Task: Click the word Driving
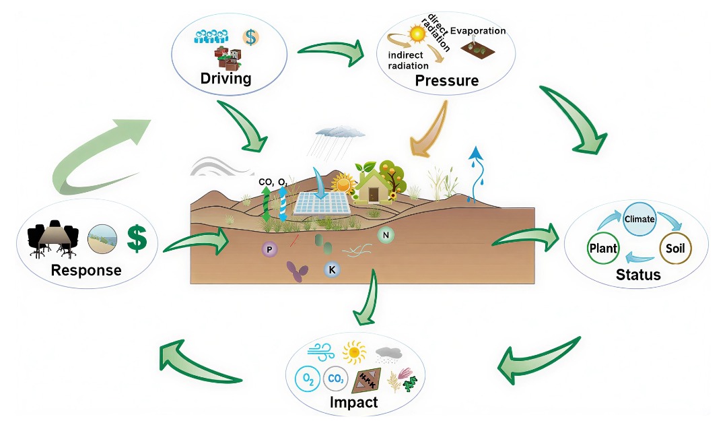(226, 79)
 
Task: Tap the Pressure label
(447, 81)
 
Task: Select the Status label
(638, 275)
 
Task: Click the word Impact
(353, 403)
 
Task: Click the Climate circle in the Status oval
(639, 220)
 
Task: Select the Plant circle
(603, 249)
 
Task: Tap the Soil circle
(674, 249)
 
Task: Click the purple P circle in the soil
(269, 251)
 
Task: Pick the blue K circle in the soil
(331, 270)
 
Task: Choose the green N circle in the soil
(386, 235)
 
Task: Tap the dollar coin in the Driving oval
(250, 38)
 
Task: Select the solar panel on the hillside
(320, 203)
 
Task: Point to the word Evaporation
(478, 31)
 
